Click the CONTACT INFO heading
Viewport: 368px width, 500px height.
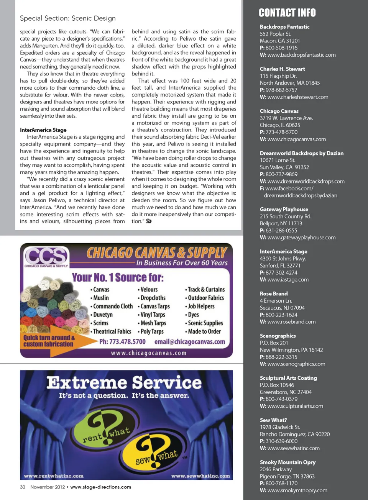(287, 13)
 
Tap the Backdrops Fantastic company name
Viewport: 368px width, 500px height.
(284, 27)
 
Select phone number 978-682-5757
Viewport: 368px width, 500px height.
(281, 90)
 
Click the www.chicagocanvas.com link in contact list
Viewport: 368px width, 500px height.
(296, 139)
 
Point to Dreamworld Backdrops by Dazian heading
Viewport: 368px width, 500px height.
(301, 153)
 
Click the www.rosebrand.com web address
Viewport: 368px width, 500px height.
(291, 322)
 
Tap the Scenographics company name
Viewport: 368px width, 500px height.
(278, 336)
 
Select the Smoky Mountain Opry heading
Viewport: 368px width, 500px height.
(287, 462)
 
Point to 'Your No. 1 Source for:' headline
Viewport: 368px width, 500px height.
(118, 277)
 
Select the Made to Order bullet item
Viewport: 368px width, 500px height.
(204, 332)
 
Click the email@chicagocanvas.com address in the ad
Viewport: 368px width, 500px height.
(190, 342)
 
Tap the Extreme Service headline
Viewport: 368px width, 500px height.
(124, 383)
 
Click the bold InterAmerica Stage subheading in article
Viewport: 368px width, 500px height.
(43, 130)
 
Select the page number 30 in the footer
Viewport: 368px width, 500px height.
(23, 487)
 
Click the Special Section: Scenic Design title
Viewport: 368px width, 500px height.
(68, 18)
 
